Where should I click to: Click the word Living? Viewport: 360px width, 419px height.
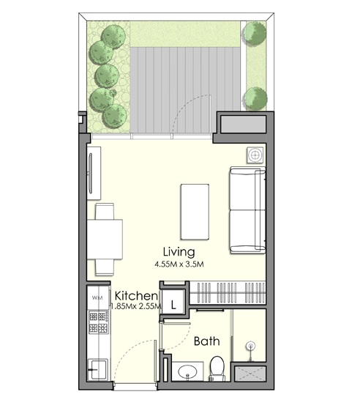pyautogui.click(x=179, y=252)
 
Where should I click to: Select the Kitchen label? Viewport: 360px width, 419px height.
pyautogui.click(x=133, y=296)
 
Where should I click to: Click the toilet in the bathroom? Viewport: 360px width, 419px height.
pyautogui.click(x=217, y=366)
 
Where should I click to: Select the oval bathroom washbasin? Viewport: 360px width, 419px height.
pyautogui.click(x=187, y=370)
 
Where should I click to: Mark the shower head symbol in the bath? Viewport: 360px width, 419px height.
pyautogui.click(x=252, y=346)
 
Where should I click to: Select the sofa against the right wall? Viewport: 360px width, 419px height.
pyautogui.click(x=247, y=210)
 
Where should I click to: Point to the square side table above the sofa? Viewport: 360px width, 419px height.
pyautogui.click(x=255, y=155)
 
